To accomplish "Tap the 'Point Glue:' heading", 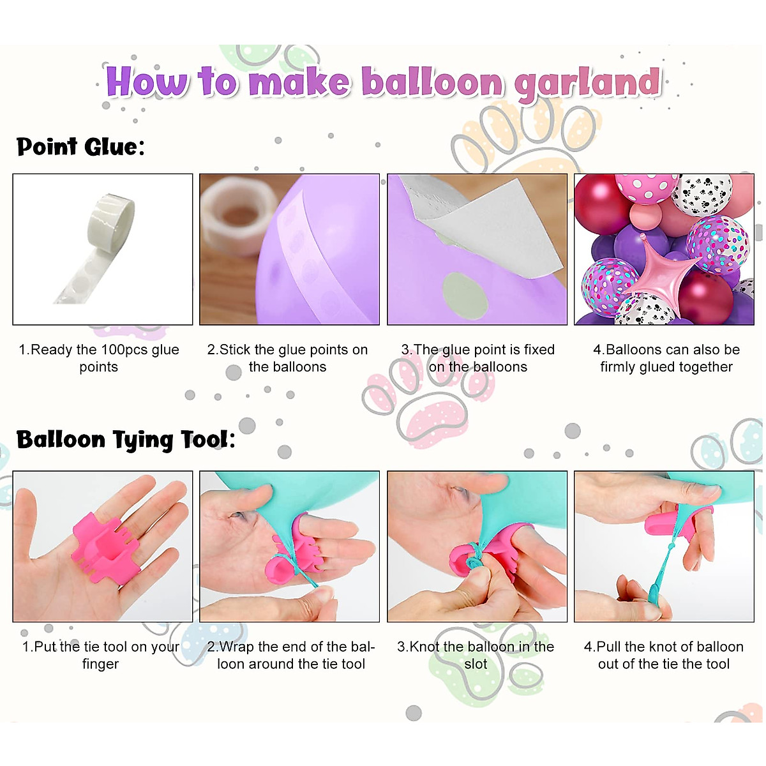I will click(x=80, y=147).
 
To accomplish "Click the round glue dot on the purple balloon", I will click(x=465, y=294).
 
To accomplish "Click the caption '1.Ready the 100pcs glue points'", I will click(x=99, y=358).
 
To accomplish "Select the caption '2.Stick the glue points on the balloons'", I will click(x=287, y=358).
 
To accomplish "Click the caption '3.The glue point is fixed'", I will click(x=477, y=358).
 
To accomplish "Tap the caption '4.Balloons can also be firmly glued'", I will click(x=666, y=358).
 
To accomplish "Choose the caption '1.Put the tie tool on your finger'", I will click(x=101, y=655).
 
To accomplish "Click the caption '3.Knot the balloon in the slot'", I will click(x=476, y=655).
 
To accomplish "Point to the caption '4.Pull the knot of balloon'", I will click(x=664, y=655).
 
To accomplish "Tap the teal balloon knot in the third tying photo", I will click(x=472, y=562).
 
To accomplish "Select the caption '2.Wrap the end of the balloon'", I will click(x=291, y=655).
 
